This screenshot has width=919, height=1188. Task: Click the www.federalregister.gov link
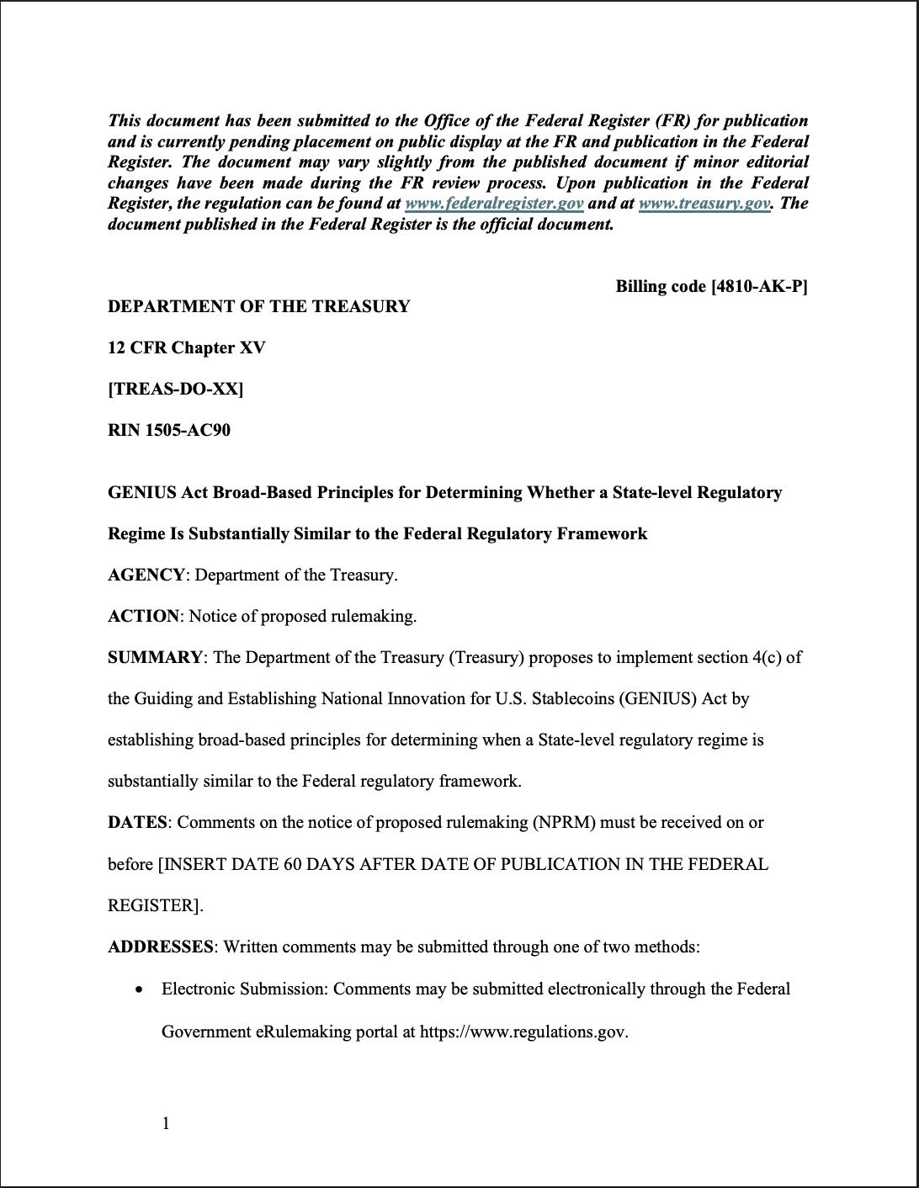click(x=494, y=203)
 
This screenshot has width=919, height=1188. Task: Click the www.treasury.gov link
click(x=704, y=203)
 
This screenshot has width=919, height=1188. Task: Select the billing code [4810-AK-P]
click(x=711, y=286)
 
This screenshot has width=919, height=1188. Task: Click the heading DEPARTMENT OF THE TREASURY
click(x=258, y=306)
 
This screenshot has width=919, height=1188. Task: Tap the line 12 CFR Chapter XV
click(x=186, y=347)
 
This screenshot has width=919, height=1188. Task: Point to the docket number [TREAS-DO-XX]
click(x=175, y=389)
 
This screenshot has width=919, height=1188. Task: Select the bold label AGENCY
click(x=146, y=575)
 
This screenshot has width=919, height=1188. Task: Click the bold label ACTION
click(x=143, y=616)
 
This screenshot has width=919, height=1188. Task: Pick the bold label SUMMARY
click(x=155, y=657)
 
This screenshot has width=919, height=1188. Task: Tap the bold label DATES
click(x=137, y=822)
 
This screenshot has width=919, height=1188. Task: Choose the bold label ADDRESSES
click(x=160, y=947)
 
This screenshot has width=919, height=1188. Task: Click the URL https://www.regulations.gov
click(x=523, y=1032)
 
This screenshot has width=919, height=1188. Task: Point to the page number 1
click(x=166, y=1123)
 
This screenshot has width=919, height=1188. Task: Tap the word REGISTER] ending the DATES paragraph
click(x=155, y=905)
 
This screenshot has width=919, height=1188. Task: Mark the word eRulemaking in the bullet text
click(x=303, y=1032)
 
